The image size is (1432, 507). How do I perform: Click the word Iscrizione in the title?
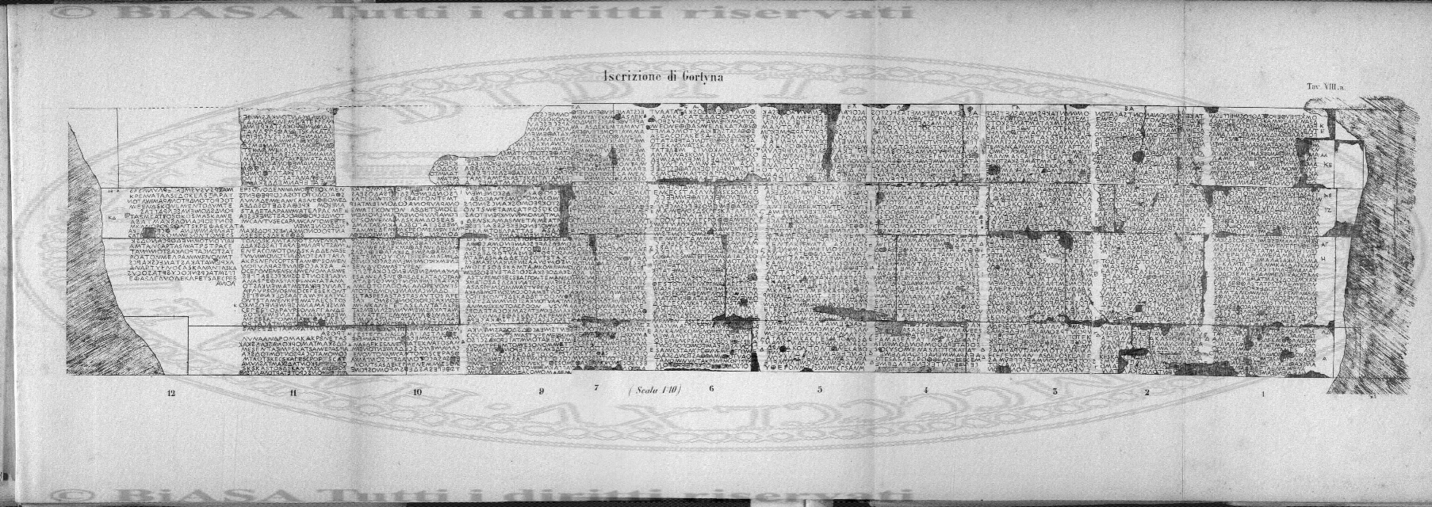click(626, 78)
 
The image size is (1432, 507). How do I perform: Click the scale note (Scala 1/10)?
click(655, 389)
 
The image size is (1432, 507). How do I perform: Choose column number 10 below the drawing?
click(417, 392)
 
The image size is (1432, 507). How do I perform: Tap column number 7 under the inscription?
click(595, 387)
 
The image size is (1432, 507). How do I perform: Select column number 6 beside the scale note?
click(711, 389)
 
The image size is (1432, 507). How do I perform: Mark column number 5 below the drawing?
click(819, 390)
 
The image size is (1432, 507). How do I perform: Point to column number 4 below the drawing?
click(925, 391)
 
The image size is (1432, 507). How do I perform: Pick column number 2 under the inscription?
click(1147, 391)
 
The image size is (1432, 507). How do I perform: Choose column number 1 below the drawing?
click(1263, 392)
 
